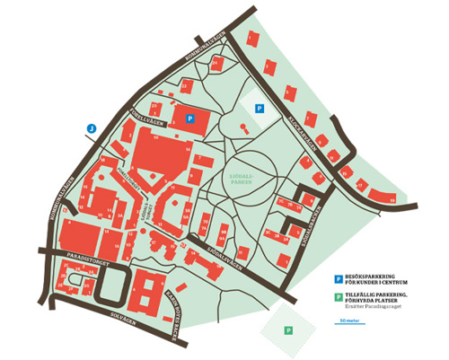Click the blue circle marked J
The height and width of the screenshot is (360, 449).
click(x=92, y=127)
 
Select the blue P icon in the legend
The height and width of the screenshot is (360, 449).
click(x=338, y=279)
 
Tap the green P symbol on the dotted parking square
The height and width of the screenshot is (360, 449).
click(x=287, y=330)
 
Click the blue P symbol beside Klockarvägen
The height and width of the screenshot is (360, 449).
click(x=260, y=109)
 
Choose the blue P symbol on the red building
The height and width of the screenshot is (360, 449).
click(x=189, y=118)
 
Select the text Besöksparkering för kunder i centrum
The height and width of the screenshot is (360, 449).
click(x=376, y=282)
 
